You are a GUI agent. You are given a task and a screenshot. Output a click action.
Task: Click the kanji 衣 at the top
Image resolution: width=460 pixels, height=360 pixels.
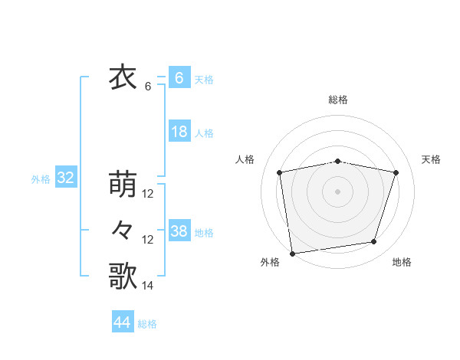(x=123, y=78)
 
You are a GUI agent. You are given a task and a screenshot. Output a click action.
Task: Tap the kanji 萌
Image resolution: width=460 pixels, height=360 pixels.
(x=123, y=185)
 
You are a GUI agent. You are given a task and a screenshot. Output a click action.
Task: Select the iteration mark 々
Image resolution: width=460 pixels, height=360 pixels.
(x=123, y=230)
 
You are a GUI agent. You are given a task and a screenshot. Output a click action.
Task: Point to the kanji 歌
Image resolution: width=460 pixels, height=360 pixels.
(x=123, y=276)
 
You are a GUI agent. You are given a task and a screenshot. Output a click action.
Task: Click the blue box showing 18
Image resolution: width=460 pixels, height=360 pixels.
(x=179, y=132)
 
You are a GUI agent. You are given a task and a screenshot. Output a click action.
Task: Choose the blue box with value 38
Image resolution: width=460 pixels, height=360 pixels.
(x=179, y=231)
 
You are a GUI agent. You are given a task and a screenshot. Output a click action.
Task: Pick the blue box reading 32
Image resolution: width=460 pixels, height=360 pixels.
(x=65, y=178)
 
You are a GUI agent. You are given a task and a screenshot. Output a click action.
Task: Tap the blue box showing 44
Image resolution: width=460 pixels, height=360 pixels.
(x=123, y=322)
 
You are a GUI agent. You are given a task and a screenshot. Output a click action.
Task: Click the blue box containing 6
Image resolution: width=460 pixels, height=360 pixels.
(x=179, y=78)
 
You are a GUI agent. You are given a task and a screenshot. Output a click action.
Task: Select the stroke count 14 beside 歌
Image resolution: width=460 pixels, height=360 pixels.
(x=148, y=286)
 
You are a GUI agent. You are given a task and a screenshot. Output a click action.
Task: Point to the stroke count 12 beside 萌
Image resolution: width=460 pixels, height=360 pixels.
(x=148, y=194)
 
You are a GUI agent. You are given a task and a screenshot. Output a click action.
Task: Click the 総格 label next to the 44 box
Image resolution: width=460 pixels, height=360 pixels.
(x=147, y=324)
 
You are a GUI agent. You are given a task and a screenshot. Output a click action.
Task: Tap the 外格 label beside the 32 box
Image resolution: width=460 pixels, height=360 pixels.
(x=41, y=179)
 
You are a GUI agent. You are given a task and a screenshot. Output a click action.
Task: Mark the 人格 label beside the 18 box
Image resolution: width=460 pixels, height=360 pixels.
(x=204, y=133)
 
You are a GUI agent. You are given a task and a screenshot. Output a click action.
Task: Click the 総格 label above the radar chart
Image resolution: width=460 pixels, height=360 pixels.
(x=338, y=100)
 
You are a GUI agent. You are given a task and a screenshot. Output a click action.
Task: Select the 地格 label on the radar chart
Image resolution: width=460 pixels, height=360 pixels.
(x=402, y=262)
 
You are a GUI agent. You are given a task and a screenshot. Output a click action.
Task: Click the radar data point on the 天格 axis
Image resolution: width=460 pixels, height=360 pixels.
(x=396, y=172)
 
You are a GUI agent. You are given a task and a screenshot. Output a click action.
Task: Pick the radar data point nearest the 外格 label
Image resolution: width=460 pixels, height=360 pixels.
(x=292, y=252)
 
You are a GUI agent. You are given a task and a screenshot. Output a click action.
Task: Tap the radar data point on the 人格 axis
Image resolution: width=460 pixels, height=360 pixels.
(x=280, y=172)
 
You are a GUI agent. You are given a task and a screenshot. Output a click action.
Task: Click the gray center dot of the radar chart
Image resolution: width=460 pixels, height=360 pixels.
(x=338, y=191)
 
